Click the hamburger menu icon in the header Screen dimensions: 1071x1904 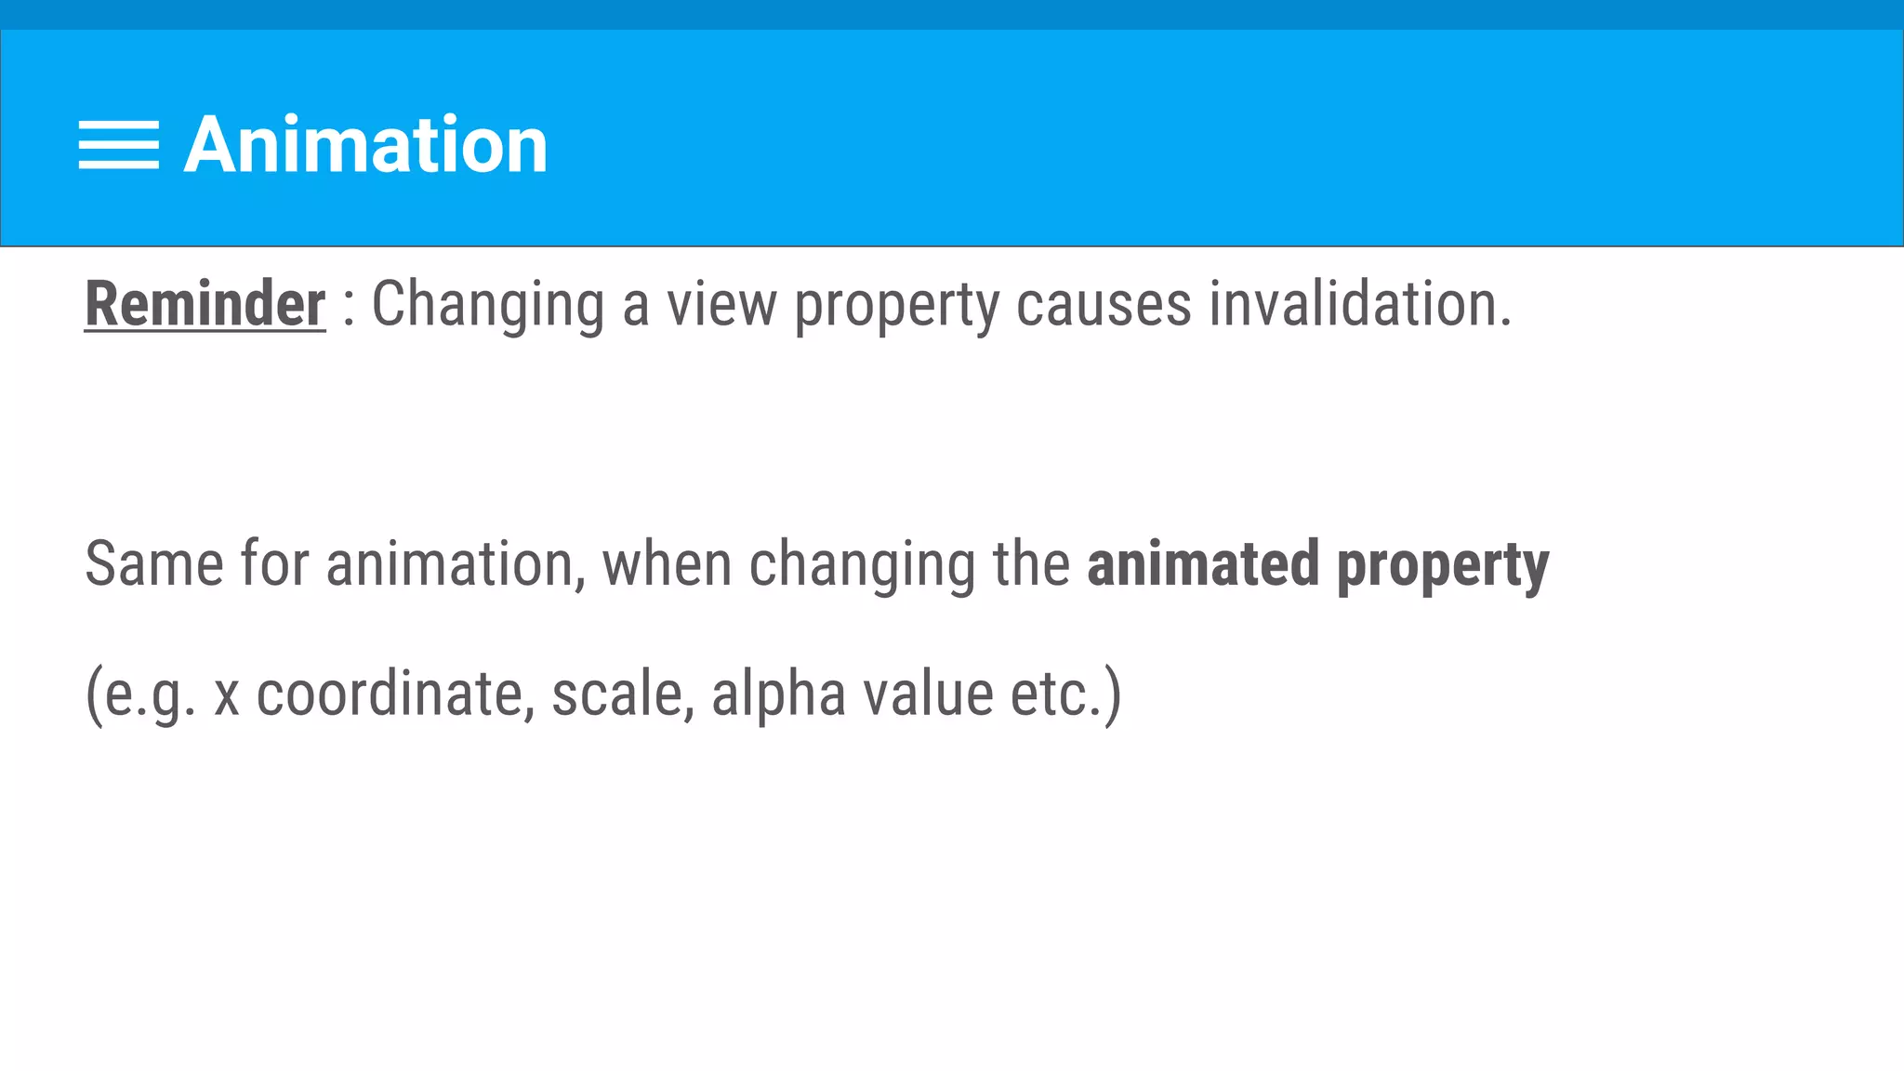(x=118, y=145)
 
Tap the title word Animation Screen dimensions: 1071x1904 (x=365, y=145)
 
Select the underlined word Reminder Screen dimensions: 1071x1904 (x=205, y=304)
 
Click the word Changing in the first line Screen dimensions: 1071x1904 (x=488, y=304)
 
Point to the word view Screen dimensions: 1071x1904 (x=721, y=304)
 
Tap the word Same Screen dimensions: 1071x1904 (x=154, y=563)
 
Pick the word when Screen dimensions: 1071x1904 (x=667, y=563)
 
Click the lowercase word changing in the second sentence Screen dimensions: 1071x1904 (x=862, y=563)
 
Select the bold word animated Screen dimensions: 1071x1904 (x=1203, y=563)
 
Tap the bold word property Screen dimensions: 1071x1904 (x=1443, y=565)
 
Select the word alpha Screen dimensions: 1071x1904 (x=778, y=694)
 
